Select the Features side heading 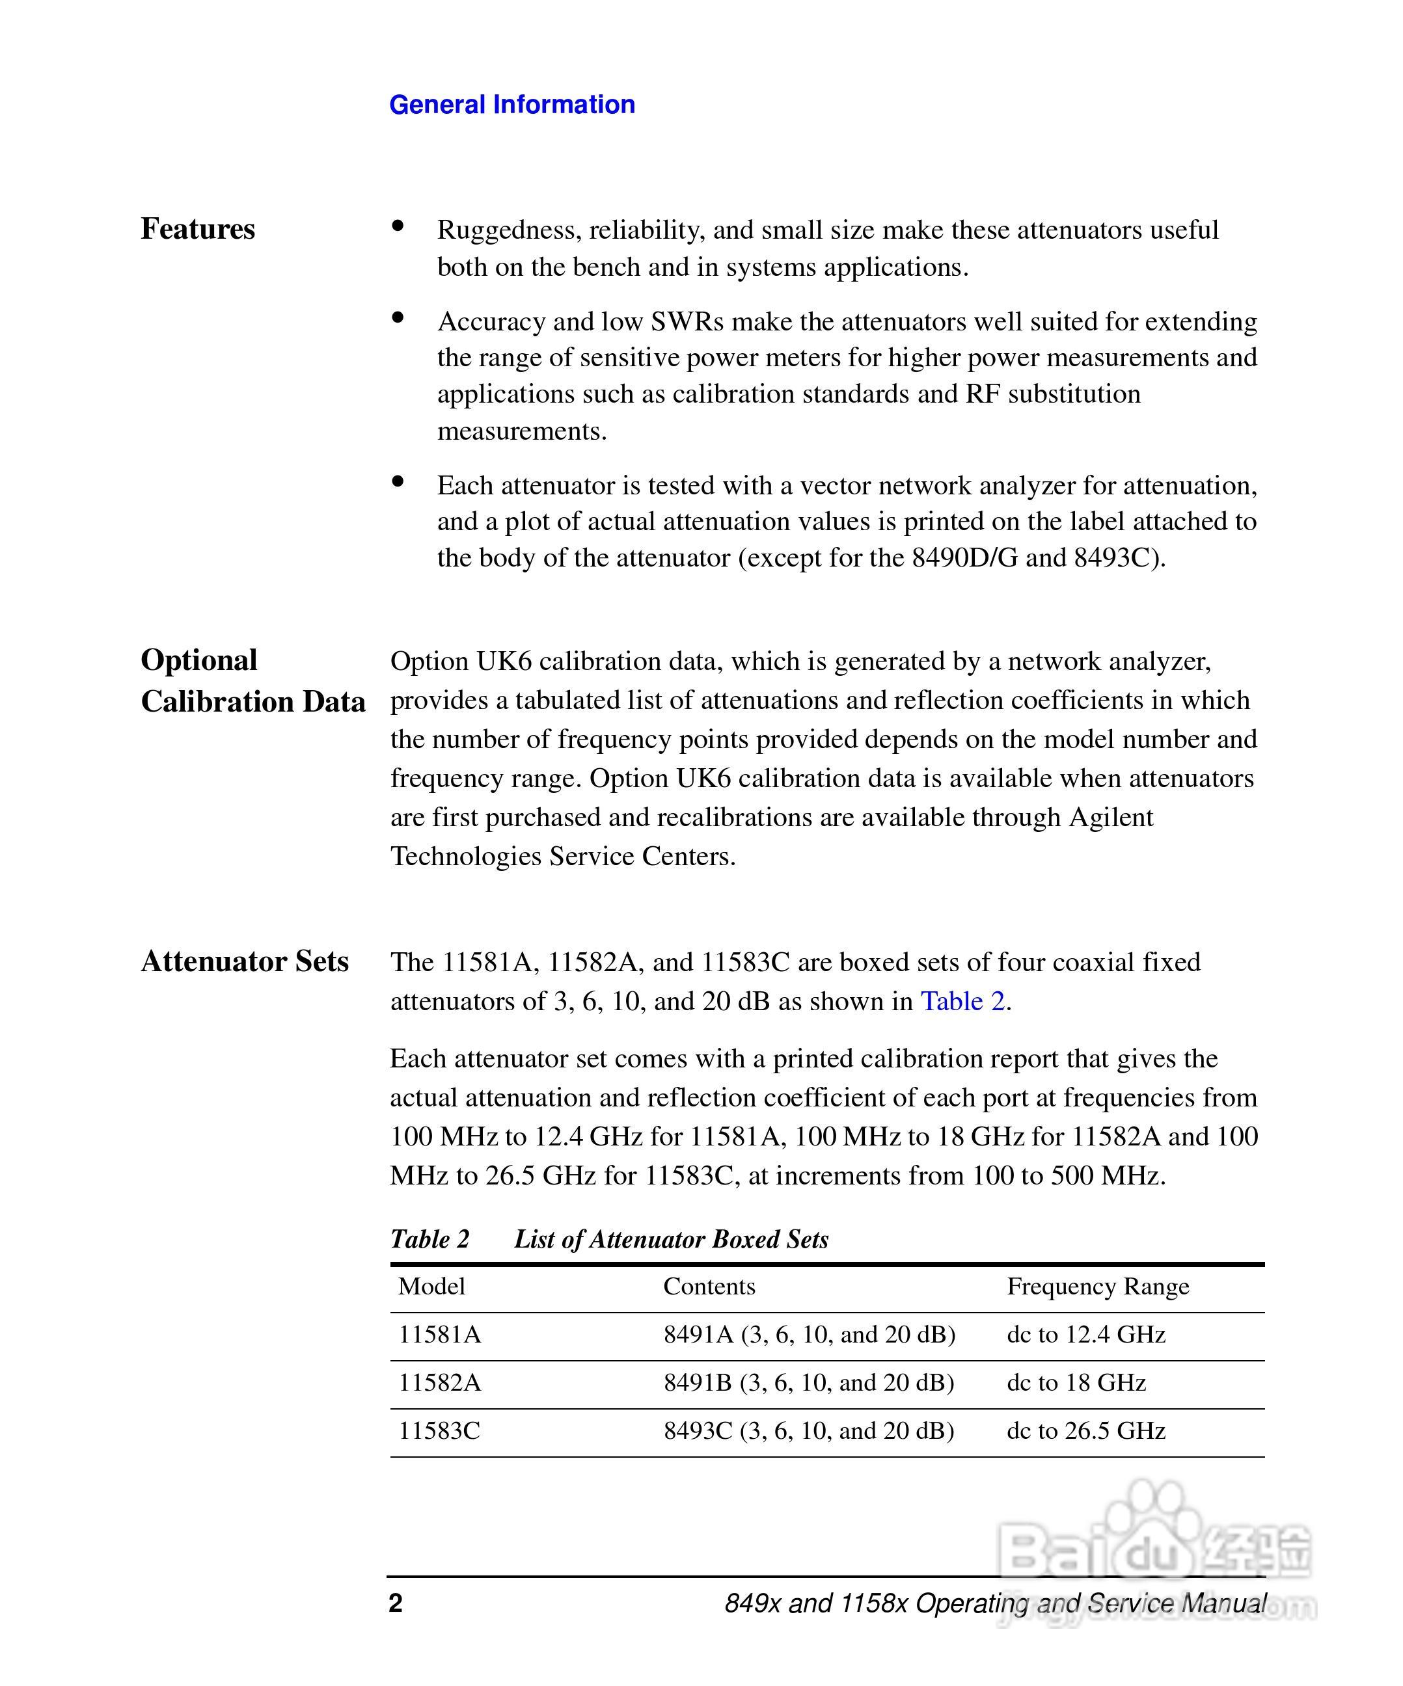point(198,229)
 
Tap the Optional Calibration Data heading point(252,681)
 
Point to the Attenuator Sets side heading point(245,961)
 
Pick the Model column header point(431,1286)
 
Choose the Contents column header point(709,1286)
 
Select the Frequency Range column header point(1098,1286)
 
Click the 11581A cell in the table point(439,1334)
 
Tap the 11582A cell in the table point(439,1382)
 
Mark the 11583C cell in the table point(439,1430)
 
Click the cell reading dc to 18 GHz point(1076,1382)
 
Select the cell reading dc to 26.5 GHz point(1086,1430)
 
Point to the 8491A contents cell point(809,1334)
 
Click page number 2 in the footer point(395,1603)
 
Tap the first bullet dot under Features point(398,226)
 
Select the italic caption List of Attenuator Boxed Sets point(672,1239)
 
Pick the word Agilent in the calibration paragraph point(1111,818)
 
